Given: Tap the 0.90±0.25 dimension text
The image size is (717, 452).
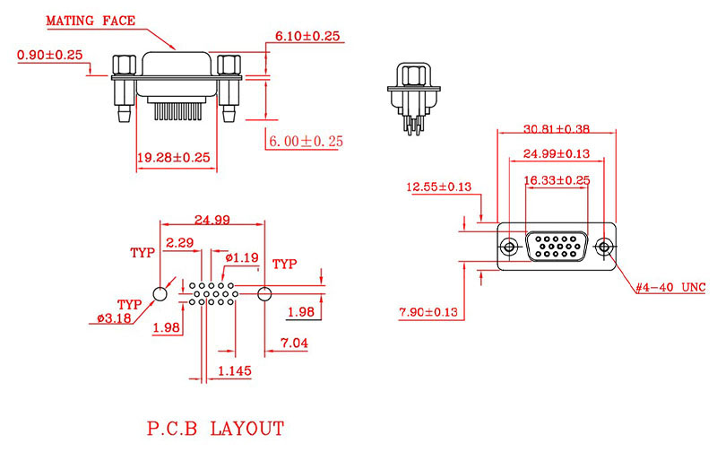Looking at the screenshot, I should (49, 56).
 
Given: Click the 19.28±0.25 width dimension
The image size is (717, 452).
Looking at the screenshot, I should (173, 157).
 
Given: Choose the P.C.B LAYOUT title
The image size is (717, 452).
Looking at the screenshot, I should (215, 429).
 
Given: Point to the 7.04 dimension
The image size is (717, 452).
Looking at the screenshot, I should (295, 343).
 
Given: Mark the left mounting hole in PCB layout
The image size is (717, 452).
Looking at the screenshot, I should (161, 293).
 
